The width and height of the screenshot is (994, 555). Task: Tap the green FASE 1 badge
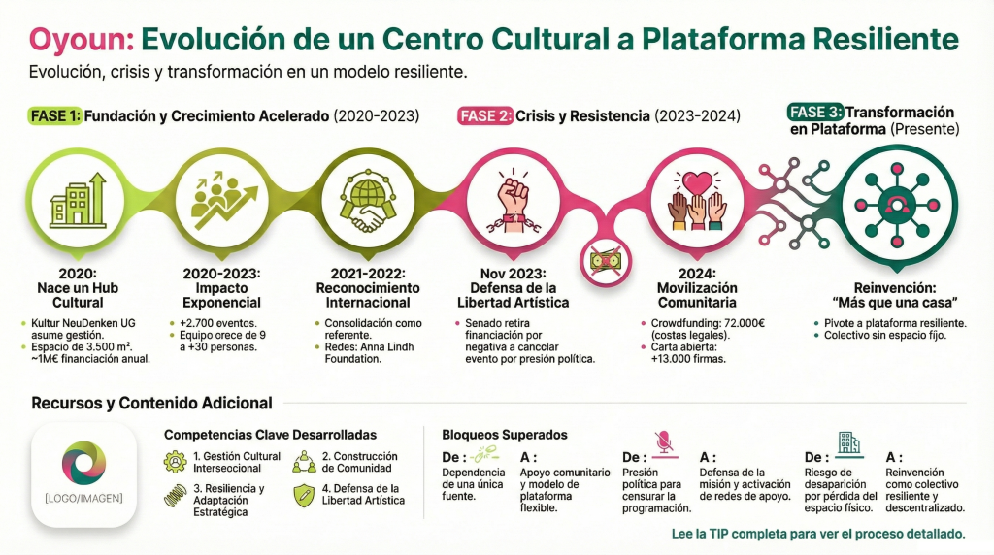(55, 115)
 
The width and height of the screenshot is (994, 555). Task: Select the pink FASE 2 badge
(485, 115)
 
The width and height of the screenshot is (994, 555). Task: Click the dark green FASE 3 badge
(815, 113)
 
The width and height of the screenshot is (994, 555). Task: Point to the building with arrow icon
(78, 200)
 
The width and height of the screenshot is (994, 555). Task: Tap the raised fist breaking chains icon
(513, 201)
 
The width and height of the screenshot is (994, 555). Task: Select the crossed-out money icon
(605, 260)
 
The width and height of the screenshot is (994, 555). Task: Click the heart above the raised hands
(697, 183)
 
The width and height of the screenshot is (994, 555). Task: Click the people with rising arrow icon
(222, 200)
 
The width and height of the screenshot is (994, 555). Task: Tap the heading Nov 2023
(513, 274)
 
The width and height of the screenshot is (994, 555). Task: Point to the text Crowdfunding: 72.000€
(708, 323)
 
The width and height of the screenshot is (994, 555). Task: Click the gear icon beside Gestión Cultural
(175, 461)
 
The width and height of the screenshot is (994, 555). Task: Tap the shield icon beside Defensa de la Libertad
(304, 495)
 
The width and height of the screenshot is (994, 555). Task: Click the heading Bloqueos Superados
(505, 435)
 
